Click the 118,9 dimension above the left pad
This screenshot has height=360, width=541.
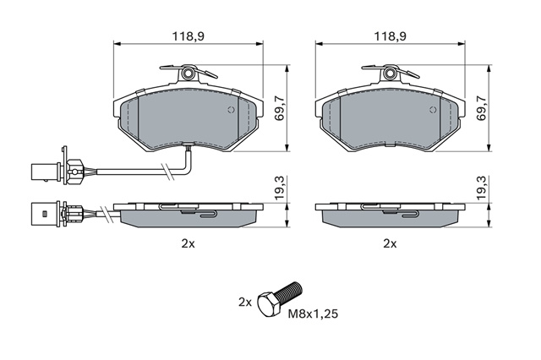(x=188, y=36)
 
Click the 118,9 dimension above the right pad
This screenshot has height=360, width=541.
(x=391, y=36)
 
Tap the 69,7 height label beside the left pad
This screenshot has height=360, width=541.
(x=279, y=108)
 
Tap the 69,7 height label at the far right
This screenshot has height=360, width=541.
(x=481, y=108)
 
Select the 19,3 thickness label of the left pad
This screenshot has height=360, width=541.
(x=279, y=188)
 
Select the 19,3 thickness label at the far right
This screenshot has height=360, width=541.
(x=481, y=188)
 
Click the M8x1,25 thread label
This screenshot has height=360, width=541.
(x=314, y=314)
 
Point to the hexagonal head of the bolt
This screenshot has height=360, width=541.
(x=270, y=304)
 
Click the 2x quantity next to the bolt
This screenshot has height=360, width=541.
(x=245, y=303)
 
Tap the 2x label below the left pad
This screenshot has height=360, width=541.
(x=188, y=243)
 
